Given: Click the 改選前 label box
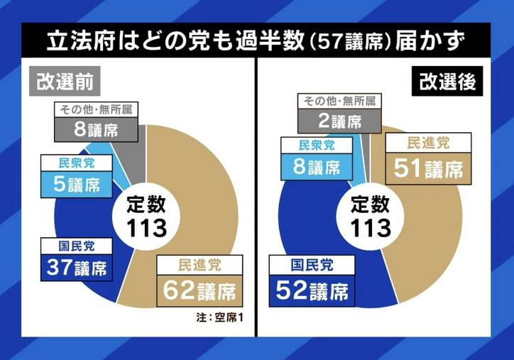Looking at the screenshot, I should point(64,82).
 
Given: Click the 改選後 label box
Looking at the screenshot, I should point(446,82).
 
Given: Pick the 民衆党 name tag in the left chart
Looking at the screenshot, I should point(77,163).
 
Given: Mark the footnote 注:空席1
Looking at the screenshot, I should point(220,316).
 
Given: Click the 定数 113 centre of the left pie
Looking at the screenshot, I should point(147,217).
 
